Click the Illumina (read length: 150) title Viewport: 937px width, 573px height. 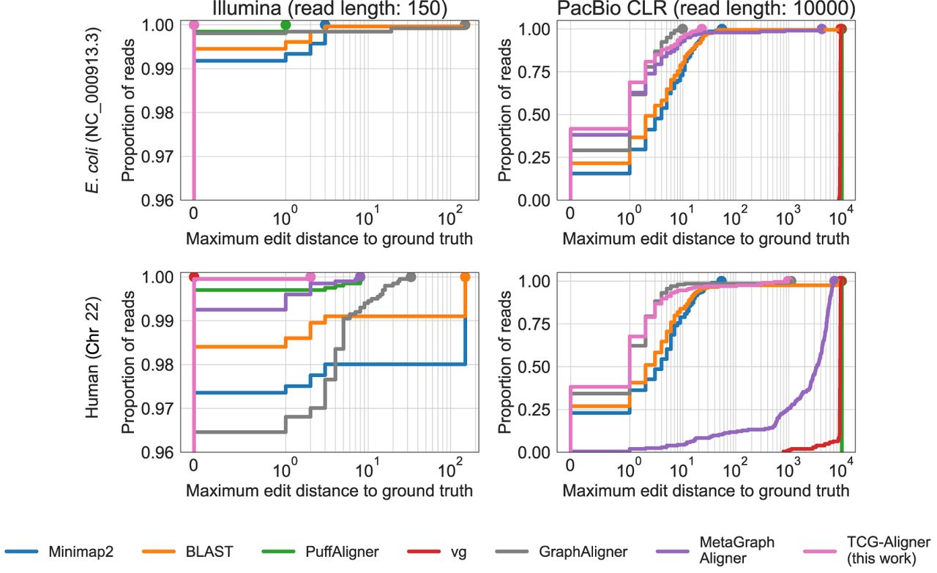329,8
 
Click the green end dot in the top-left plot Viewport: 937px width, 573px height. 285,25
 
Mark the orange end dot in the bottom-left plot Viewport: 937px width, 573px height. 466,277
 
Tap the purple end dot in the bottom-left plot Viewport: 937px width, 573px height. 359,277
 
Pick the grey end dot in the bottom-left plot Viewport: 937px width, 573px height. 411,277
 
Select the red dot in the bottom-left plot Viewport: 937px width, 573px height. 194,277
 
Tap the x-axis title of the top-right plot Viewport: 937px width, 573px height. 706,239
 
